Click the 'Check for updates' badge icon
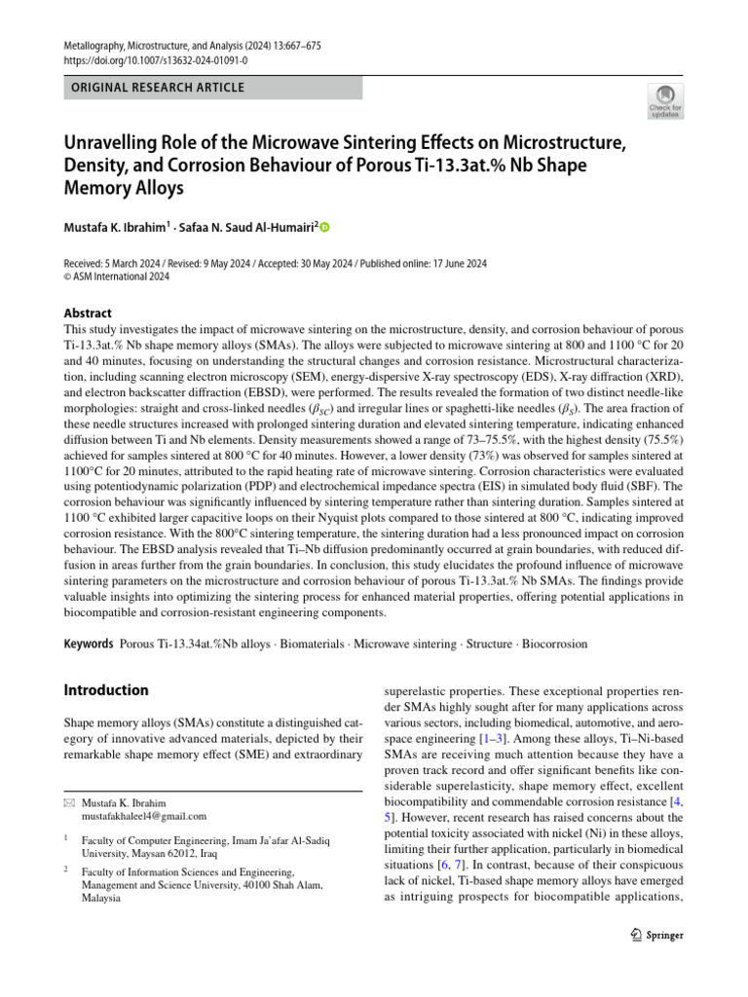pos(666,99)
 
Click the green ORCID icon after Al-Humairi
pos(325,228)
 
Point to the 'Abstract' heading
pos(87,314)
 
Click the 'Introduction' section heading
pos(106,690)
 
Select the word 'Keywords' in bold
pos(88,645)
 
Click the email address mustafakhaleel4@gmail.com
pos(144,816)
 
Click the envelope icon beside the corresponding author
pos(68,802)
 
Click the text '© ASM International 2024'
pos(116,277)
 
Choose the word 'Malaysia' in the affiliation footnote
pos(101,899)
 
